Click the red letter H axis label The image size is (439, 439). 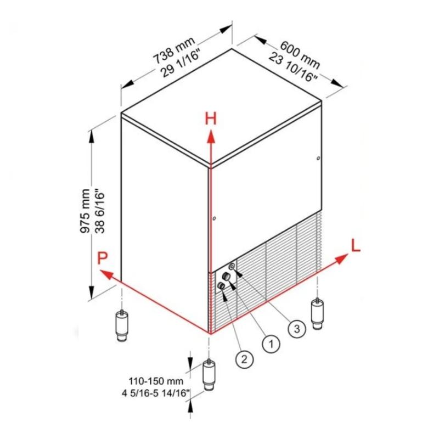pyautogui.click(x=211, y=119)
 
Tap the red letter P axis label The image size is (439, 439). pyautogui.click(x=103, y=258)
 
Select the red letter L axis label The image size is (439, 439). pyautogui.click(x=356, y=245)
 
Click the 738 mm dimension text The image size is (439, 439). pyautogui.click(x=174, y=50)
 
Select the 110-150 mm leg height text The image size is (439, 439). pyautogui.click(x=156, y=381)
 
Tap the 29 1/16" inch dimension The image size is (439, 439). pyautogui.click(x=181, y=63)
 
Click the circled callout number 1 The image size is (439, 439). pyautogui.click(x=271, y=344)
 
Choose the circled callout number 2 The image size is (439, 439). pyautogui.click(x=244, y=358)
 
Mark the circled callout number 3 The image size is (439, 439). pyautogui.click(x=297, y=328)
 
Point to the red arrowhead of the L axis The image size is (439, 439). pyautogui.click(x=341, y=258)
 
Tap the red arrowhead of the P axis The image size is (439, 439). pyautogui.click(x=106, y=274)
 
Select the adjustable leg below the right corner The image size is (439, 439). pyautogui.click(x=317, y=313)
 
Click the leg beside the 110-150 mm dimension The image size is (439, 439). pyautogui.click(x=209, y=374)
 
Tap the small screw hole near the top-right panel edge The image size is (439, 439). pyautogui.click(x=318, y=158)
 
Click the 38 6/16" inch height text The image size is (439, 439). pyautogui.click(x=100, y=212)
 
